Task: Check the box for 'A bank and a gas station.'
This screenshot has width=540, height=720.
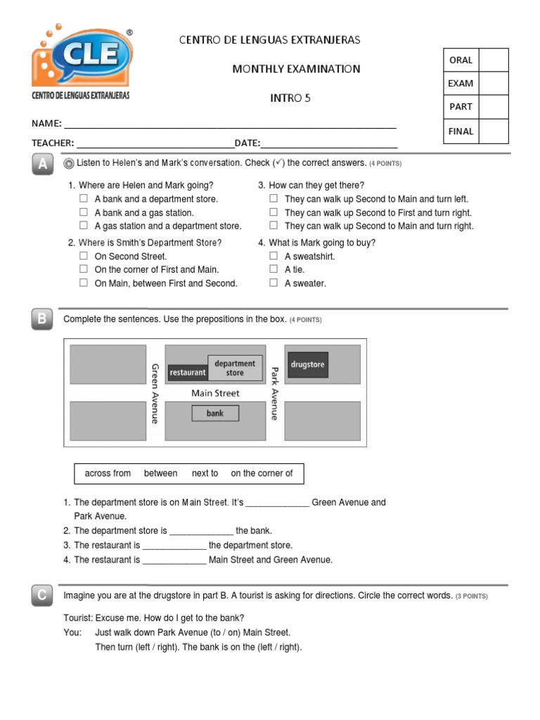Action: pos(83,212)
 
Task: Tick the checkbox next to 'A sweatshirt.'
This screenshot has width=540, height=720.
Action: pos(274,256)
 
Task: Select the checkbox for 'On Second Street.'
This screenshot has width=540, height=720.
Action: pos(83,256)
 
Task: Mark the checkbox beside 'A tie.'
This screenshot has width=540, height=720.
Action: pos(274,269)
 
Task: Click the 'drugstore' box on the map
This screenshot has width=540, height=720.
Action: pos(307,365)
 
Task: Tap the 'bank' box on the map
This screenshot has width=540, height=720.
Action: pos(215,413)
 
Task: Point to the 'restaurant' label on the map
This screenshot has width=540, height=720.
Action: pos(188,372)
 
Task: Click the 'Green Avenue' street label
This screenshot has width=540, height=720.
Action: pos(155,393)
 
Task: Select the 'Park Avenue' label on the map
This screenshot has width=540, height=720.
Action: pos(275,393)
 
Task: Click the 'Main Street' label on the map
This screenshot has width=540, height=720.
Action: pos(215,393)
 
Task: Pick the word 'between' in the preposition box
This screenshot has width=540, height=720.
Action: pos(160,473)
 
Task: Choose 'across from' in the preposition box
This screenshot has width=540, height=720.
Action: pos(108,473)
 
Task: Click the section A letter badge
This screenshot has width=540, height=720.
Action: pos(42,165)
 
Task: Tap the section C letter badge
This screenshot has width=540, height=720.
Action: pos(42,596)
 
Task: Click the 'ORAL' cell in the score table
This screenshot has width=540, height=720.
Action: pos(461,60)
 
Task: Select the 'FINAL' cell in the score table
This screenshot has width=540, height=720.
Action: pos(461,131)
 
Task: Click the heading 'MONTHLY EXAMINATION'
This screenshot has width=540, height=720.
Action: pos(296,69)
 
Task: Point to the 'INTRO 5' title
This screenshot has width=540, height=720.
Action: pos(290,98)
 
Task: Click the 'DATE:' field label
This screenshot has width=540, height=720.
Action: pos(247,143)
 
